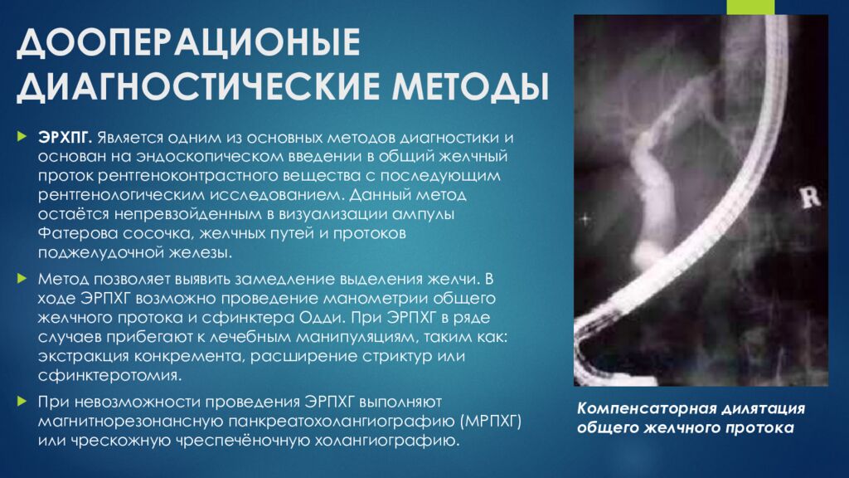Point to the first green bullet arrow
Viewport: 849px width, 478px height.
click(22, 135)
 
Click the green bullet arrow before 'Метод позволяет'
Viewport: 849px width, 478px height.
click(22, 277)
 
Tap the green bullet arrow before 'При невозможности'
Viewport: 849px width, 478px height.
click(22, 401)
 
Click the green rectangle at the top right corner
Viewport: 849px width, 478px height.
click(751, 6)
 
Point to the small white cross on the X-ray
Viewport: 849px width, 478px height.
click(586, 218)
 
